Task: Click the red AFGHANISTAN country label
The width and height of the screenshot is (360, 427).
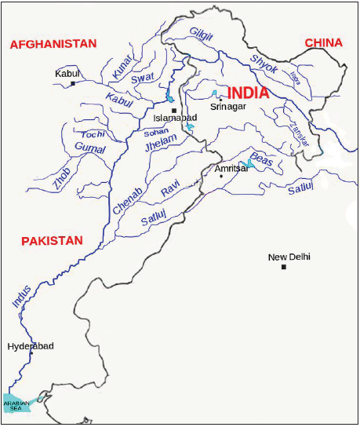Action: [53, 45]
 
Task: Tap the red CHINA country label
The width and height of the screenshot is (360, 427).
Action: [324, 42]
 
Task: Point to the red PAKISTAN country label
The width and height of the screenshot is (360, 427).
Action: [52, 241]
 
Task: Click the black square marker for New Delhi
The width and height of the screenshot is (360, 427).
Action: [284, 268]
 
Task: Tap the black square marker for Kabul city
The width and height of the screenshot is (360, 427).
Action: [73, 83]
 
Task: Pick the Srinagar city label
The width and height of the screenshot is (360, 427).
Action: [229, 104]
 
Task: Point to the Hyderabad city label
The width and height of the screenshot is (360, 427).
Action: [31, 345]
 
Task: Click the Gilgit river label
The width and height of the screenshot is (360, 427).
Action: [201, 32]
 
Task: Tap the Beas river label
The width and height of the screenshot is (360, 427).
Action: [261, 157]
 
